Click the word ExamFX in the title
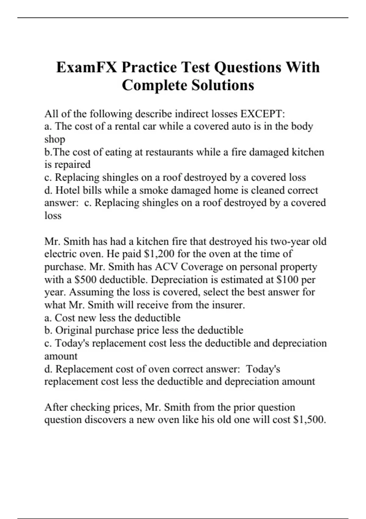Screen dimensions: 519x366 click(86, 67)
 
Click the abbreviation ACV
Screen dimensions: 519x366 click(167, 267)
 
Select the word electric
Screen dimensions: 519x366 click(60, 254)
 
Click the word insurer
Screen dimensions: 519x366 click(227, 305)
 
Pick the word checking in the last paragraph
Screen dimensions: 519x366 click(88, 407)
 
